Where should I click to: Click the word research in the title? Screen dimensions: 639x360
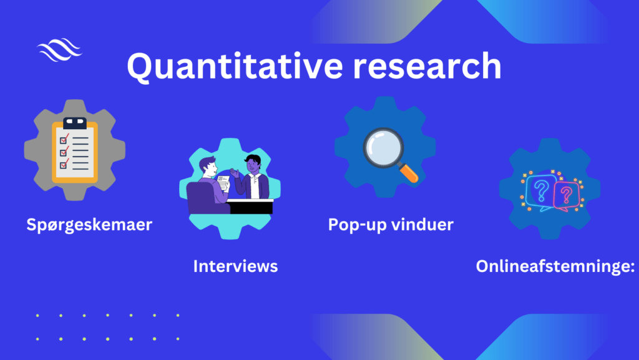pyautogui.click(x=427, y=66)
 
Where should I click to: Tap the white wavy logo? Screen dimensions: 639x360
pyautogui.click(x=59, y=50)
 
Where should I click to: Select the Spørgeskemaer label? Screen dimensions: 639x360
pyautogui.click(x=89, y=225)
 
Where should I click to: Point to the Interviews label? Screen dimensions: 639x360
pyautogui.click(x=235, y=266)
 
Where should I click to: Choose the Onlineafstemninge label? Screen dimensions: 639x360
pyautogui.click(x=555, y=266)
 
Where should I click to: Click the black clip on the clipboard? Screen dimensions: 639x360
pyautogui.click(x=75, y=123)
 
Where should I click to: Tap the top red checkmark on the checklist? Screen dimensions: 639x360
pyautogui.click(x=64, y=139)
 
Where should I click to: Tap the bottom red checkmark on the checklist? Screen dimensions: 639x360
pyautogui.click(x=64, y=163)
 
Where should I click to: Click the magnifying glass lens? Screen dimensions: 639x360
pyautogui.click(x=383, y=147)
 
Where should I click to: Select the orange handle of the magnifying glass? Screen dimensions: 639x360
pyautogui.click(x=409, y=173)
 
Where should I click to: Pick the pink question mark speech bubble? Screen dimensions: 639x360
pyautogui.click(x=567, y=197)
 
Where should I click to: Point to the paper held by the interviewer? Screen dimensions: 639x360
pyautogui.click(x=223, y=183)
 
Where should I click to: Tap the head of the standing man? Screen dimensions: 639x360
pyautogui.click(x=253, y=163)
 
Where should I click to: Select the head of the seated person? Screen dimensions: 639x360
pyautogui.click(x=208, y=167)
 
